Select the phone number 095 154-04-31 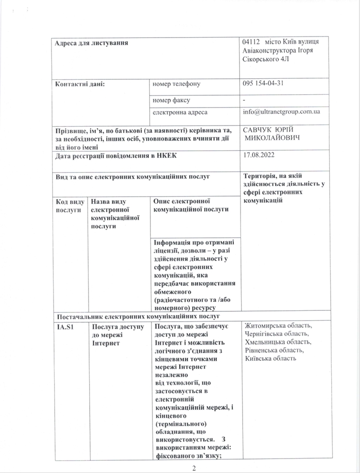point(264,83)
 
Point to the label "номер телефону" point(176,83)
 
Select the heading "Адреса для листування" point(92,42)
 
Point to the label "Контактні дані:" point(80,83)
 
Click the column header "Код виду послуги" point(69,206)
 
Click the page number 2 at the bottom point(194,467)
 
